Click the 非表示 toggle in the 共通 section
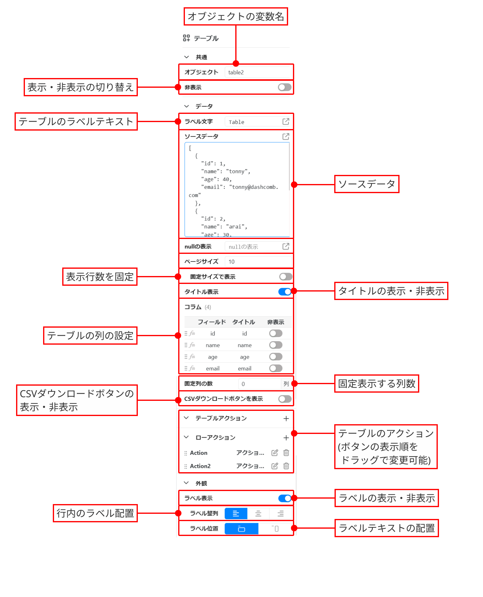click(x=284, y=87)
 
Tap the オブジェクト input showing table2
click(x=258, y=72)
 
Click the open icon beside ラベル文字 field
click(x=286, y=121)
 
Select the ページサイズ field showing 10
click(x=258, y=261)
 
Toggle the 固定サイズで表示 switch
click(x=286, y=277)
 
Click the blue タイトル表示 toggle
click(x=285, y=292)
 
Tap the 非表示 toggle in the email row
click(x=276, y=368)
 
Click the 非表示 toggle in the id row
click(x=276, y=333)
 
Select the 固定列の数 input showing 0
click(x=260, y=384)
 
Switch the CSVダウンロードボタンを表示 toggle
click(x=285, y=399)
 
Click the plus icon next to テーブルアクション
click(x=286, y=419)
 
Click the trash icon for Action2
click(x=286, y=466)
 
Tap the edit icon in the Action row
click(x=274, y=453)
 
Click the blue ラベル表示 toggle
click(x=285, y=498)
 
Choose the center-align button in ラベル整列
click(x=258, y=513)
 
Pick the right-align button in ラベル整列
click(x=281, y=513)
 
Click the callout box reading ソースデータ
click(x=366, y=184)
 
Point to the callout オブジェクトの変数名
click(x=236, y=16)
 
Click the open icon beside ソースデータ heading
click(x=286, y=136)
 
